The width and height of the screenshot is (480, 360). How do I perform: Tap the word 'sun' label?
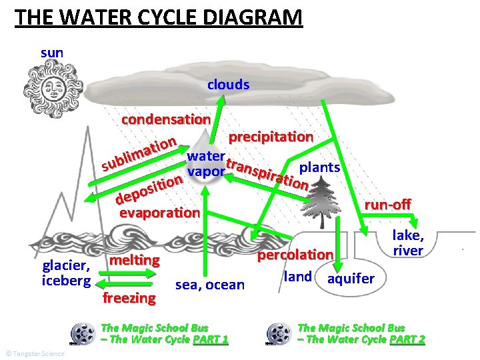coord(51,51)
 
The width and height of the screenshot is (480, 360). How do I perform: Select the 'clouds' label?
coord(228,85)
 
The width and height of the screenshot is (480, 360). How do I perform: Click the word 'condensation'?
coord(165,119)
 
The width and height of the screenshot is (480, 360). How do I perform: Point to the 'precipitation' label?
coord(271,137)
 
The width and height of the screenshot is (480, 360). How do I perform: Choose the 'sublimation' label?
coord(139,153)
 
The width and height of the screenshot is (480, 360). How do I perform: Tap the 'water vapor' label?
coord(206,164)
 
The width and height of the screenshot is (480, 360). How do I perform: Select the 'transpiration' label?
coord(267,171)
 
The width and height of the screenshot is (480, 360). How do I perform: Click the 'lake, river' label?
coord(407,243)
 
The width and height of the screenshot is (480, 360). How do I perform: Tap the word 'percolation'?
coord(295,255)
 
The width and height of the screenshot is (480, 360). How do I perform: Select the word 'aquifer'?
coord(351,278)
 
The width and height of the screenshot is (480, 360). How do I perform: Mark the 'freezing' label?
coord(129,297)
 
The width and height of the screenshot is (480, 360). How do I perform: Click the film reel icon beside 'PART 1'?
coord(83,333)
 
